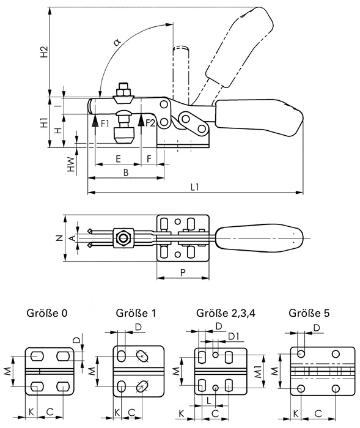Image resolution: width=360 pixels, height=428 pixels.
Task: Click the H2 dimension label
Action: click(x=44, y=52)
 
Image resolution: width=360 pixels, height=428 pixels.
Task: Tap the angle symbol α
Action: click(x=117, y=42)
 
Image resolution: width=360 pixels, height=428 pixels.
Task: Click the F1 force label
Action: click(x=105, y=124)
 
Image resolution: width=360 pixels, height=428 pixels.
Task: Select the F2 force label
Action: click(x=150, y=124)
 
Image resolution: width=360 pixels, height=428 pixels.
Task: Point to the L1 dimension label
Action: click(x=195, y=187)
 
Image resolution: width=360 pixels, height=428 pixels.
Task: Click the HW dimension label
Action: click(x=71, y=164)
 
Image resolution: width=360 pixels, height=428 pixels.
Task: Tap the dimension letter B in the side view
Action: click(x=126, y=173)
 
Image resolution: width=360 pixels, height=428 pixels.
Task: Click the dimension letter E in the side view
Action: click(x=118, y=159)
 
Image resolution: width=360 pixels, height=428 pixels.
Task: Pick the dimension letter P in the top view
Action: click(x=183, y=273)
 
